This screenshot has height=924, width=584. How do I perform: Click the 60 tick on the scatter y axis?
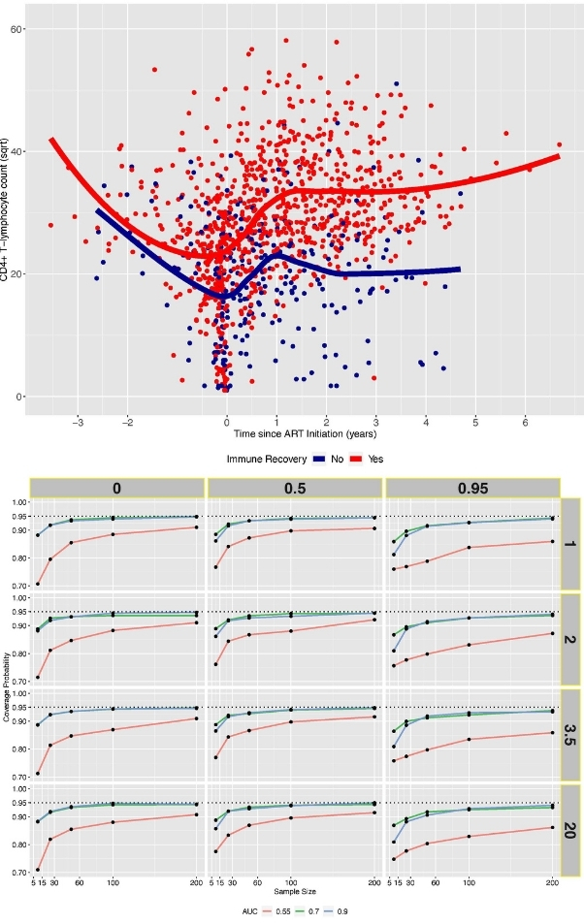point(16,29)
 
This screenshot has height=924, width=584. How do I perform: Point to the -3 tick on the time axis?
point(77,422)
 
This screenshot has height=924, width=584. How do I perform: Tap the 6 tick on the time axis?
point(525,422)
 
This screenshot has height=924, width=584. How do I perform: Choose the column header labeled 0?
point(116,488)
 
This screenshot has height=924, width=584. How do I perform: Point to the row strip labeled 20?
point(571,830)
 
